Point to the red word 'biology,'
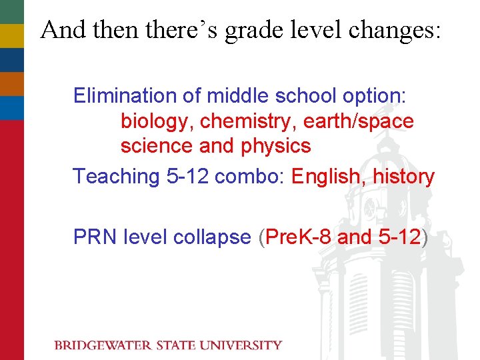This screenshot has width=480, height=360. [x=157, y=122]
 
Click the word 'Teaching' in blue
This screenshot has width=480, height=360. [x=114, y=177]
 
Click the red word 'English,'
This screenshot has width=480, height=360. [x=329, y=177]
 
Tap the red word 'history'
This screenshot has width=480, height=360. [x=403, y=177]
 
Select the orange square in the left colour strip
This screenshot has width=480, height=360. [x=11, y=83]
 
